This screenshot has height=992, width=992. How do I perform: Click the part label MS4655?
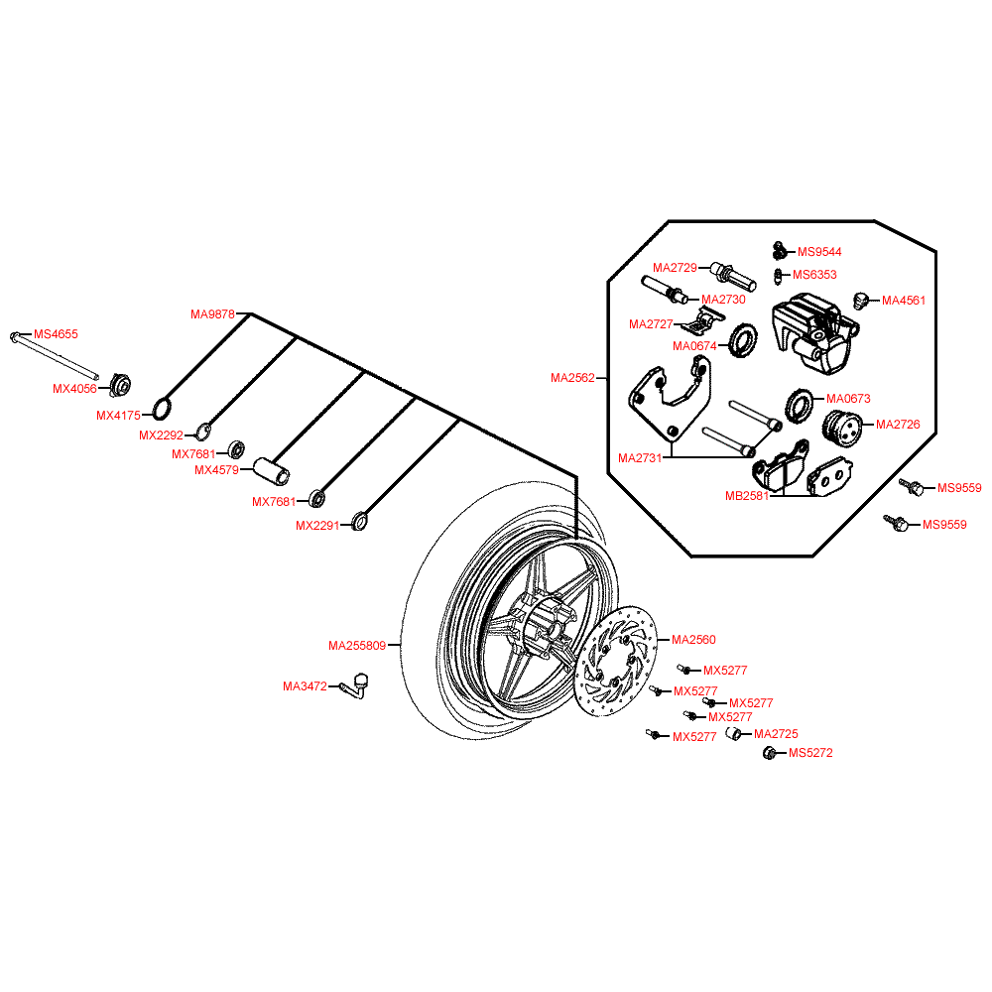point(56,335)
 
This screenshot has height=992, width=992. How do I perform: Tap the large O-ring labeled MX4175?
point(164,408)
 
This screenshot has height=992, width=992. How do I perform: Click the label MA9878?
point(212,314)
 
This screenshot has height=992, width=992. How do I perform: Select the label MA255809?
point(357,646)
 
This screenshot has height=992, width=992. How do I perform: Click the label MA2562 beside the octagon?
point(572,378)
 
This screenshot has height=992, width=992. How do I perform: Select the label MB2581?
point(747,496)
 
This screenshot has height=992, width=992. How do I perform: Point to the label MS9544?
point(819,252)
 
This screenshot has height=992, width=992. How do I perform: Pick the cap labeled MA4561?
point(861,299)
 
